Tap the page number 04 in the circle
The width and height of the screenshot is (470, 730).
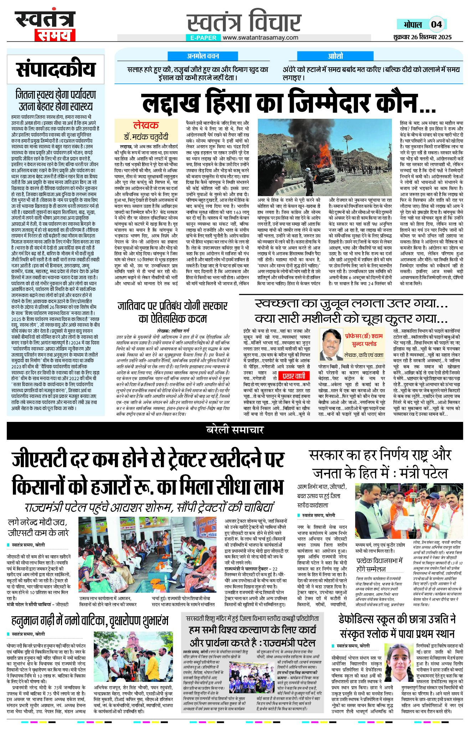(436, 24)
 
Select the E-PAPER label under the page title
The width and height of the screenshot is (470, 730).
(203, 38)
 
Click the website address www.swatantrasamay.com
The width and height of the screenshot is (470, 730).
(261, 38)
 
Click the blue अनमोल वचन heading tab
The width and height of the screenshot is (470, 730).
(203, 56)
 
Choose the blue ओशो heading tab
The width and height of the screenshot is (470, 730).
(335, 56)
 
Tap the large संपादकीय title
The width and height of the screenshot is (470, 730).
(56, 70)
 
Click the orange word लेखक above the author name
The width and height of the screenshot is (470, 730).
(145, 126)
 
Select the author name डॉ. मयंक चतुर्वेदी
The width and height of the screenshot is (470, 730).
(146, 137)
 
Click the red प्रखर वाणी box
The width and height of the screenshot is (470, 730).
(293, 376)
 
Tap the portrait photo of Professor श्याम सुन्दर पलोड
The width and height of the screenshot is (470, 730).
(331, 344)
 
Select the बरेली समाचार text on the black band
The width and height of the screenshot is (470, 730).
(235, 430)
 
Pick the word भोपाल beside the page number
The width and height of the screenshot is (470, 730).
(413, 25)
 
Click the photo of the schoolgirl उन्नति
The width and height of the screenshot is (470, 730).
(399, 667)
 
